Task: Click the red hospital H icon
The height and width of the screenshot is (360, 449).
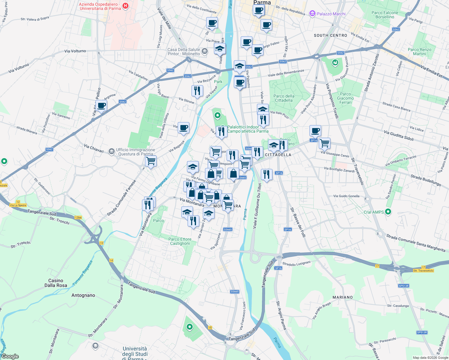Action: tap(125, 6)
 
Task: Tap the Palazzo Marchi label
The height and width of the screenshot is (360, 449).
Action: tap(331, 14)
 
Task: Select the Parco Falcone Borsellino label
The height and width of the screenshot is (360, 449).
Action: tap(385, 15)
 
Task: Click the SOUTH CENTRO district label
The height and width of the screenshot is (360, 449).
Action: tap(330, 35)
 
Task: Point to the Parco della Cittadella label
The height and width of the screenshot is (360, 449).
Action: tap(284, 98)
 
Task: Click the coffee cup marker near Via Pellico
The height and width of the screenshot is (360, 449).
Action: tap(101, 106)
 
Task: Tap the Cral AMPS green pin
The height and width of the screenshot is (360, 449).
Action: tap(388, 212)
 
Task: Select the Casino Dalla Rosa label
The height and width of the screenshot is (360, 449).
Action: tap(56, 283)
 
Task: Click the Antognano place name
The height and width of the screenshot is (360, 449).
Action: tap(83, 295)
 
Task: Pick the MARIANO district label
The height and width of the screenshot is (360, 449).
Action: tap(342, 297)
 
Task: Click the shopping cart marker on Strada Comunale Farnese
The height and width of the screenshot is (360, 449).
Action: tap(151, 161)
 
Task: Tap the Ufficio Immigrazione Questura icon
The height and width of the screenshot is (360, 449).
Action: tap(112, 151)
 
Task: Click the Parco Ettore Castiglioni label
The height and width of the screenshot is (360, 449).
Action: tap(180, 241)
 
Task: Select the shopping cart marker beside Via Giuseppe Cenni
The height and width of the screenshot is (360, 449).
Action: tap(324, 143)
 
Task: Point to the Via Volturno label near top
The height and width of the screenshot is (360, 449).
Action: tap(75, 51)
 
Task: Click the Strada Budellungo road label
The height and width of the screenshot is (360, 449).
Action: tap(426, 180)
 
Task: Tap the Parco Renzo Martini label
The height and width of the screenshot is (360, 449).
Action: tap(419, 52)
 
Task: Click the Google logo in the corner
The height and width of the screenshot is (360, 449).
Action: tap(10, 356)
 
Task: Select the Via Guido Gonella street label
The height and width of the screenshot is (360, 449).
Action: tap(346, 196)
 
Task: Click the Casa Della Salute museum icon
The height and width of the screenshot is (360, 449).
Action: tap(205, 51)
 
